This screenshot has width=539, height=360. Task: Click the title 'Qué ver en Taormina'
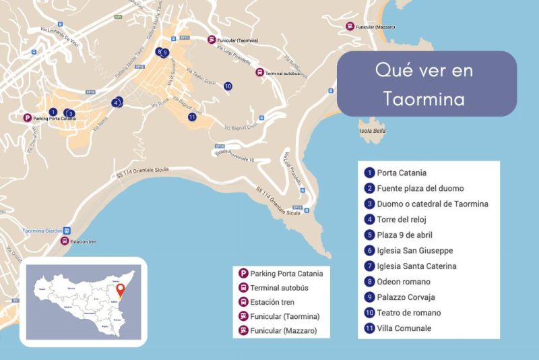pyautogui.click(x=426, y=84)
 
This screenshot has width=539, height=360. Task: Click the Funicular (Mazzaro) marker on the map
pyautogui.click(x=350, y=27)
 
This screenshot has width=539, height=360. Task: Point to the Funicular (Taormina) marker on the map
pyautogui.click(x=212, y=40)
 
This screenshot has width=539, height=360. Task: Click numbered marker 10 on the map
pyautogui.click(x=228, y=86)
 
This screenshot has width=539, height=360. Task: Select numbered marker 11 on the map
pyautogui.click(x=192, y=117)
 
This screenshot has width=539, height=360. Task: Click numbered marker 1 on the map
pyautogui.click(x=53, y=111)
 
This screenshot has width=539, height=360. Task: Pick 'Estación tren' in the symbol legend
pyautogui.click(x=272, y=302)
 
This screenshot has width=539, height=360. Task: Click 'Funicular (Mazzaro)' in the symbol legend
pyautogui.click(x=282, y=330)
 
